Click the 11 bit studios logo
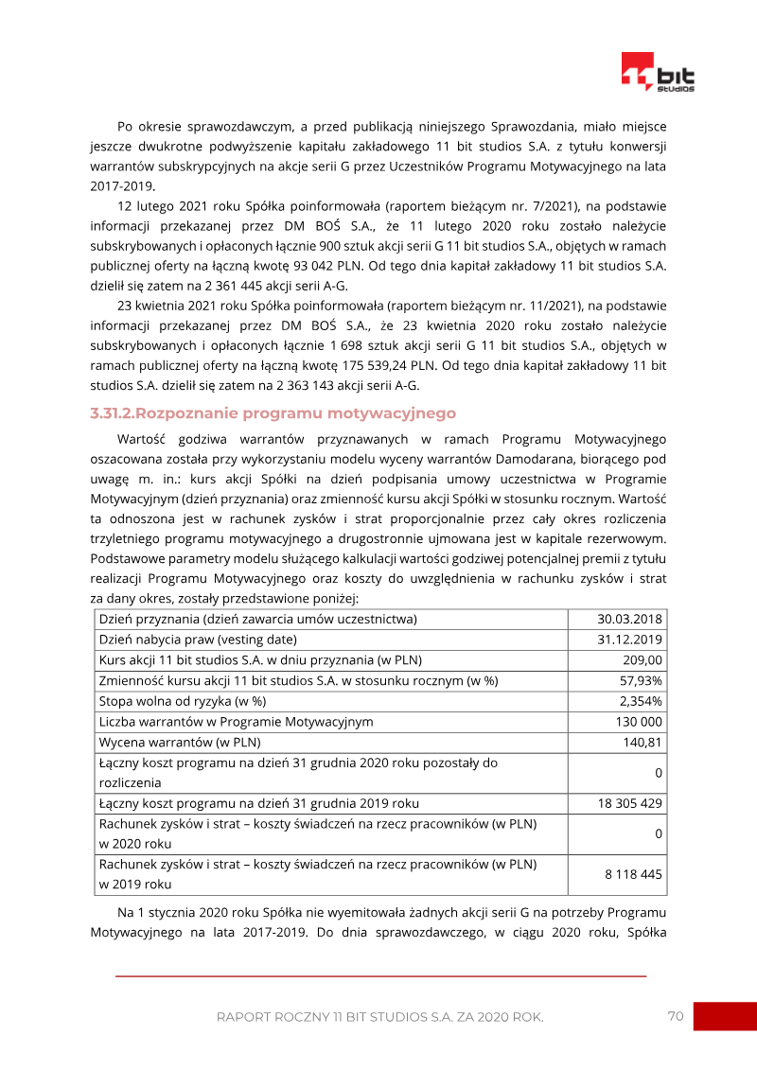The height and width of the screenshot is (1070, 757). tap(658, 72)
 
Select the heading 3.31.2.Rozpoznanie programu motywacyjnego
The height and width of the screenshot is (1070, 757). tap(273, 413)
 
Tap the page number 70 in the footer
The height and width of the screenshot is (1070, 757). tap(675, 1016)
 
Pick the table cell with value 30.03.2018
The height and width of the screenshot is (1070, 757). tap(629, 619)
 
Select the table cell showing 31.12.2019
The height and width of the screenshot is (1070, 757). tap(629, 640)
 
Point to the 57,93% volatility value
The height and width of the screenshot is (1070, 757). tap(641, 680)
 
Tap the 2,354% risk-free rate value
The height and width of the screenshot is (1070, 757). tap(641, 701)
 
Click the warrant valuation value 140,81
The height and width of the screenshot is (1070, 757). tap(643, 742)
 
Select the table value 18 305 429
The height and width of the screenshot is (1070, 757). tap(629, 803)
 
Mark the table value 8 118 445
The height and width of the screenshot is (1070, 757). tap(633, 874)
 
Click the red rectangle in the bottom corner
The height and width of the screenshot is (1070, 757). tap(724, 1016)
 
